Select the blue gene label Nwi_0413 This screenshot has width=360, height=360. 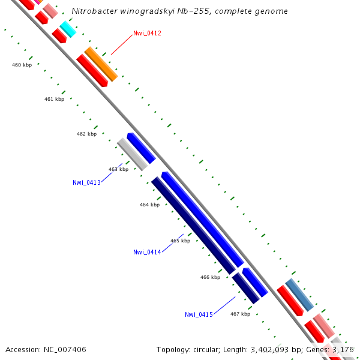[86, 182]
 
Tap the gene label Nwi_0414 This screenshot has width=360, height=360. [147, 252]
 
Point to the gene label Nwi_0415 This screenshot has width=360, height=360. [199, 314]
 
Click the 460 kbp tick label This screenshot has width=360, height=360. [22, 65]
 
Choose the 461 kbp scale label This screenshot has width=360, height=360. [54, 99]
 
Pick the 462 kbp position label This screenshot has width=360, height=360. [86, 134]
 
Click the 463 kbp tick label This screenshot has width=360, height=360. [118, 169]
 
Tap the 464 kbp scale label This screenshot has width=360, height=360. [149, 205]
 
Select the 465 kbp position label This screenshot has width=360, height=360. [180, 241]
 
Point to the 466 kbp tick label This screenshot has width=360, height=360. [210, 277]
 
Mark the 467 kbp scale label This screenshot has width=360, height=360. [240, 314]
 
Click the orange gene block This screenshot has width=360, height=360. [101, 64]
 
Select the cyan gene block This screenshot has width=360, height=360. [68, 29]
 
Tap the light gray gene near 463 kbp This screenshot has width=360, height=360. [132, 154]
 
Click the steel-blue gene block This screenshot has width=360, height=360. [299, 295]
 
